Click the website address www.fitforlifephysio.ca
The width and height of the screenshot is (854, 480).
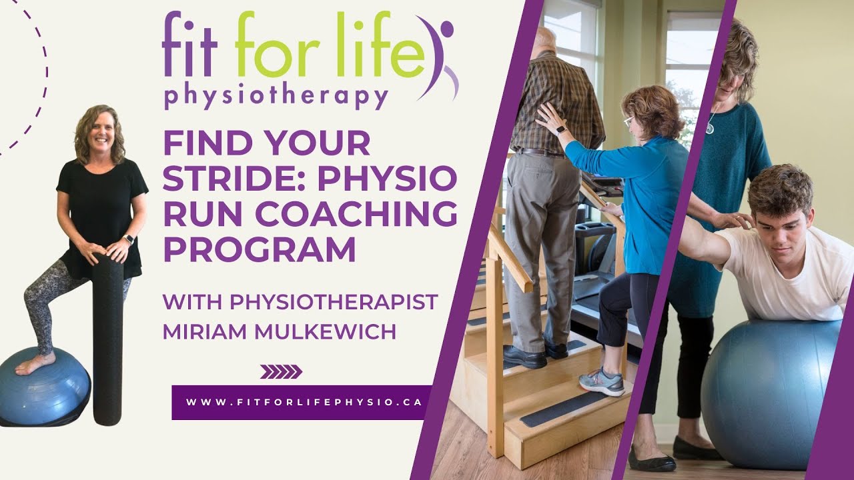point(301,402)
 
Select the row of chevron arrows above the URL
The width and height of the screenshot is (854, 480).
point(281,371)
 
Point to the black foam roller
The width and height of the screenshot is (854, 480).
point(107,340)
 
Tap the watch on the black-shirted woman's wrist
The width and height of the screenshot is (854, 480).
point(129,239)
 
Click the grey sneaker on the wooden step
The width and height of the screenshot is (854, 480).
point(601,381)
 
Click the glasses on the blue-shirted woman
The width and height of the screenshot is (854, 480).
point(628,121)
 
